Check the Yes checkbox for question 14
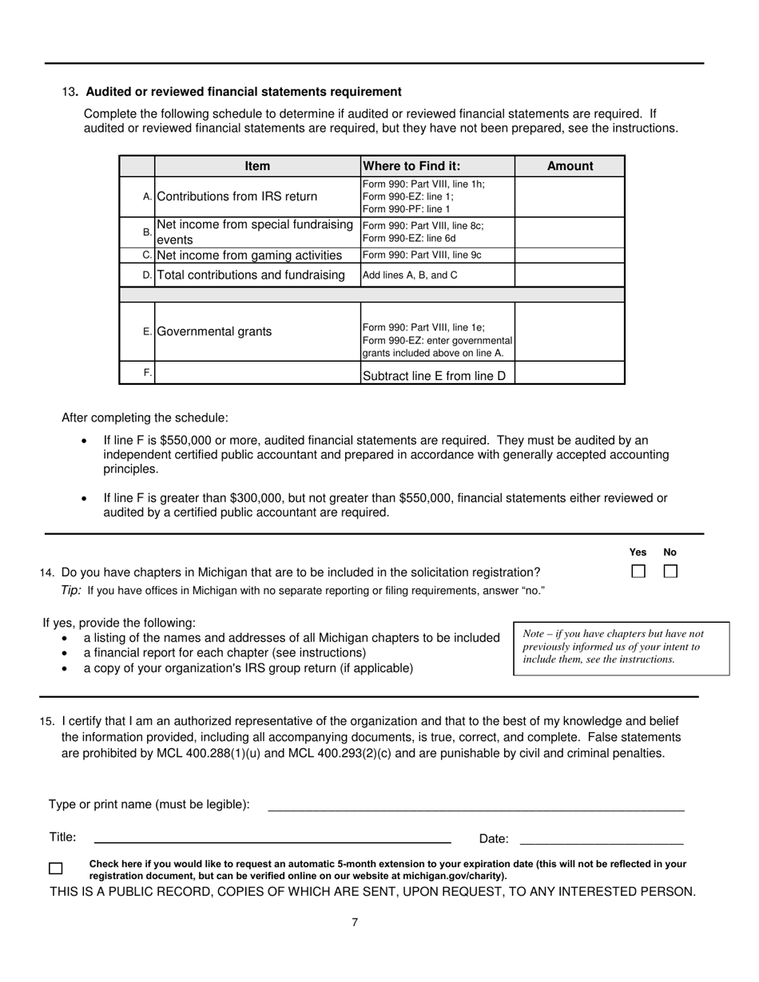coord(638,572)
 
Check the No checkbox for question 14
coord(670,572)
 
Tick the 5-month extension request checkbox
coord(56,869)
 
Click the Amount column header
coord(570,166)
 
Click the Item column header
coord(257,166)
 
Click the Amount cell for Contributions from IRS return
coord(570,196)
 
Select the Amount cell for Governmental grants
coord(570,331)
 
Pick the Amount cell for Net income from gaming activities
coord(570,255)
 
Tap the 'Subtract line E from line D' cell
coord(437,374)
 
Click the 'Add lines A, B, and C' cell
coord(437,275)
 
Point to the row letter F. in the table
coord(147,373)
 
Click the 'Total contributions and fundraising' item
coord(252,275)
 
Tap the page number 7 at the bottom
coord(355,923)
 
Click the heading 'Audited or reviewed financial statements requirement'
coord(244,92)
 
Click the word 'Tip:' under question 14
coord(72,591)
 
